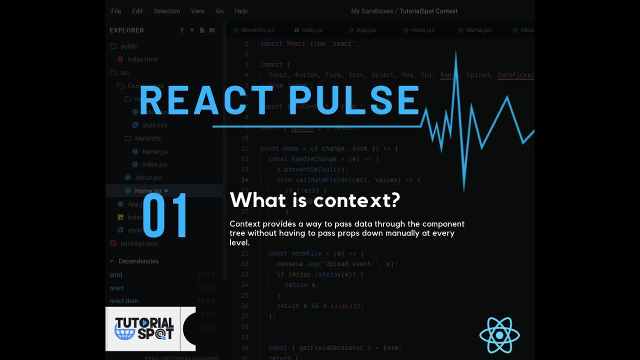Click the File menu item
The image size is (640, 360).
(x=116, y=11)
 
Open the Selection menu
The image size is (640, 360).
(x=166, y=11)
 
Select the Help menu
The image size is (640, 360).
(x=241, y=11)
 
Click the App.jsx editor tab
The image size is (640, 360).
(x=365, y=30)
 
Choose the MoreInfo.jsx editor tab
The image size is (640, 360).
(x=257, y=30)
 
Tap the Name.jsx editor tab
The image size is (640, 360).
(x=478, y=30)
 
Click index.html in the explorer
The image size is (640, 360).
(x=142, y=59)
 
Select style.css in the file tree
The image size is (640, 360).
(x=154, y=125)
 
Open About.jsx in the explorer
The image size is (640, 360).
(x=148, y=177)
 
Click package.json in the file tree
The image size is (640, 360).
(x=139, y=243)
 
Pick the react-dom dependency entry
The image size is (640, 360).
(x=124, y=301)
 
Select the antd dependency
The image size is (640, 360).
(x=116, y=275)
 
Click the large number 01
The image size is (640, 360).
(x=165, y=215)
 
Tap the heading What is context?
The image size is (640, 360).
(x=315, y=200)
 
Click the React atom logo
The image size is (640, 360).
(x=499, y=335)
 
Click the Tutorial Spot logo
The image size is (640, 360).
(x=144, y=328)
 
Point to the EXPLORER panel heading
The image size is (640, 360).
(x=126, y=30)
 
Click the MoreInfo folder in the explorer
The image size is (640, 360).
(x=147, y=138)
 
